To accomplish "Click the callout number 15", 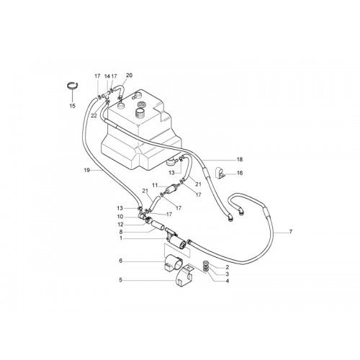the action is [x=72, y=106].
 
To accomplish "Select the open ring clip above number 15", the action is [x=72, y=86].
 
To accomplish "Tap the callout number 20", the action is [x=129, y=76].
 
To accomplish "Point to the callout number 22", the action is [x=94, y=116].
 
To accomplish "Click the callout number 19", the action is [x=87, y=170].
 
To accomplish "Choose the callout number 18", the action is [x=240, y=159].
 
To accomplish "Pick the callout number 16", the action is [x=240, y=173].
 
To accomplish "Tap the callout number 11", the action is [x=155, y=185].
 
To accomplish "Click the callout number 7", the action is [x=291, y=232].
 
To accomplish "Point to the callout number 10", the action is [x=120, y=217].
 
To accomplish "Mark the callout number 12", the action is [x=120, y=225].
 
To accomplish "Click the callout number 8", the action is [x=121, y=232].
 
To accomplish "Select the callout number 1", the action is [x=121, y=238].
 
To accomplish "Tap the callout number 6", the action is [x=121, y=261].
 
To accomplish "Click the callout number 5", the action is [x=121, y=280].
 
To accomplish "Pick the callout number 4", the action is [x=228, y=281].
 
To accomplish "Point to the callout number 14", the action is [x=107, y=76].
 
